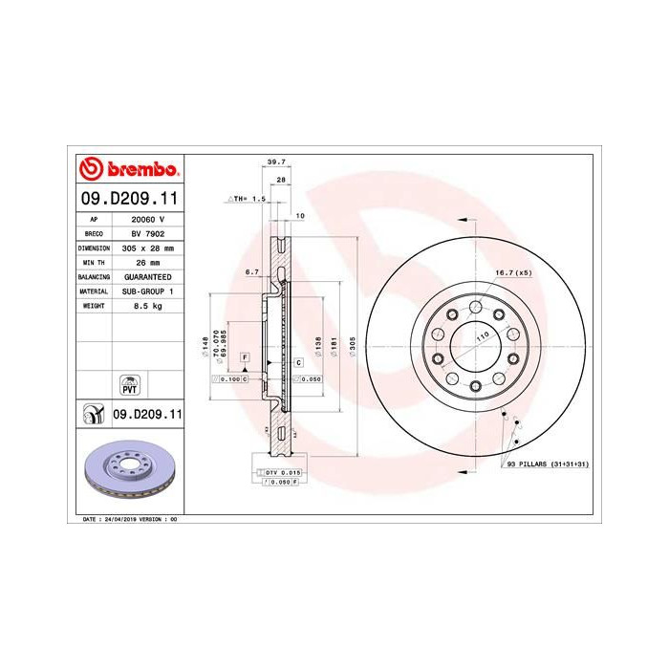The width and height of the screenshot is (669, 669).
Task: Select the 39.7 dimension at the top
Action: coord(277,162)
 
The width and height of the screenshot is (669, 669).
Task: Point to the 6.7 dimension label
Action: coord(252,272)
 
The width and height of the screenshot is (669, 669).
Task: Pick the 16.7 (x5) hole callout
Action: coord(512,273)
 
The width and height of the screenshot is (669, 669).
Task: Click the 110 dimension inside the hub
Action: coord(482,336)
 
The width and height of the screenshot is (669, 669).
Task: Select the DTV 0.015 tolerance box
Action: coord(283,473)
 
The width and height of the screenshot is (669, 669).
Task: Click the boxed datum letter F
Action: coord(245,356)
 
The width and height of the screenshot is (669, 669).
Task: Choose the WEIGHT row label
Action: coord(93,304)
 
